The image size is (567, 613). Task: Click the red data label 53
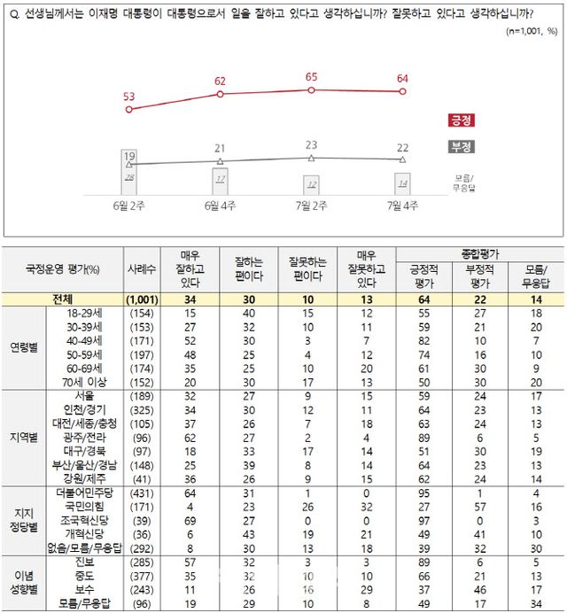pos(129,95)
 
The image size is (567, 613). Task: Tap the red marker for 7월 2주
pos(311,89)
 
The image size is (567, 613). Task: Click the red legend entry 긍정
pos(460,120)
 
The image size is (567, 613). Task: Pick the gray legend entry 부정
pos(460,146)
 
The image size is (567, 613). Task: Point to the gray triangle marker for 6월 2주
pos(129,165)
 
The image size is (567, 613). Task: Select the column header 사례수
pos(139,269)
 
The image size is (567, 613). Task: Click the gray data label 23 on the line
pos(311,144)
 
